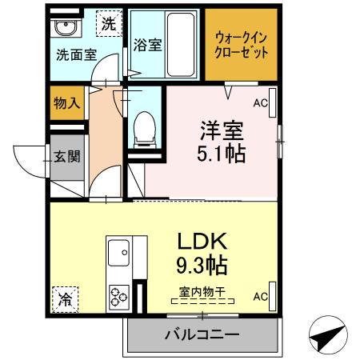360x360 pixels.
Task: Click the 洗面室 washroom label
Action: coord(76,56)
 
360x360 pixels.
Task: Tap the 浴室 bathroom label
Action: coord(149,46)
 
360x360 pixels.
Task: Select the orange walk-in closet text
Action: coord(241,45)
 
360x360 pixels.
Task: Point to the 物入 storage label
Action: coord(65,104)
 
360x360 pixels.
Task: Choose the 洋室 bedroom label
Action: coord(220,129)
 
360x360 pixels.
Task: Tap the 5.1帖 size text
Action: coord(222,152)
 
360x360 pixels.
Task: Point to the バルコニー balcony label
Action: coord(202,334)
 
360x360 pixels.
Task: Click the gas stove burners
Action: coord(120,296)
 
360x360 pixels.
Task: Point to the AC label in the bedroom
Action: coord(260,103)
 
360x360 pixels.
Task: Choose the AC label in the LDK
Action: coord(260,297)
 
